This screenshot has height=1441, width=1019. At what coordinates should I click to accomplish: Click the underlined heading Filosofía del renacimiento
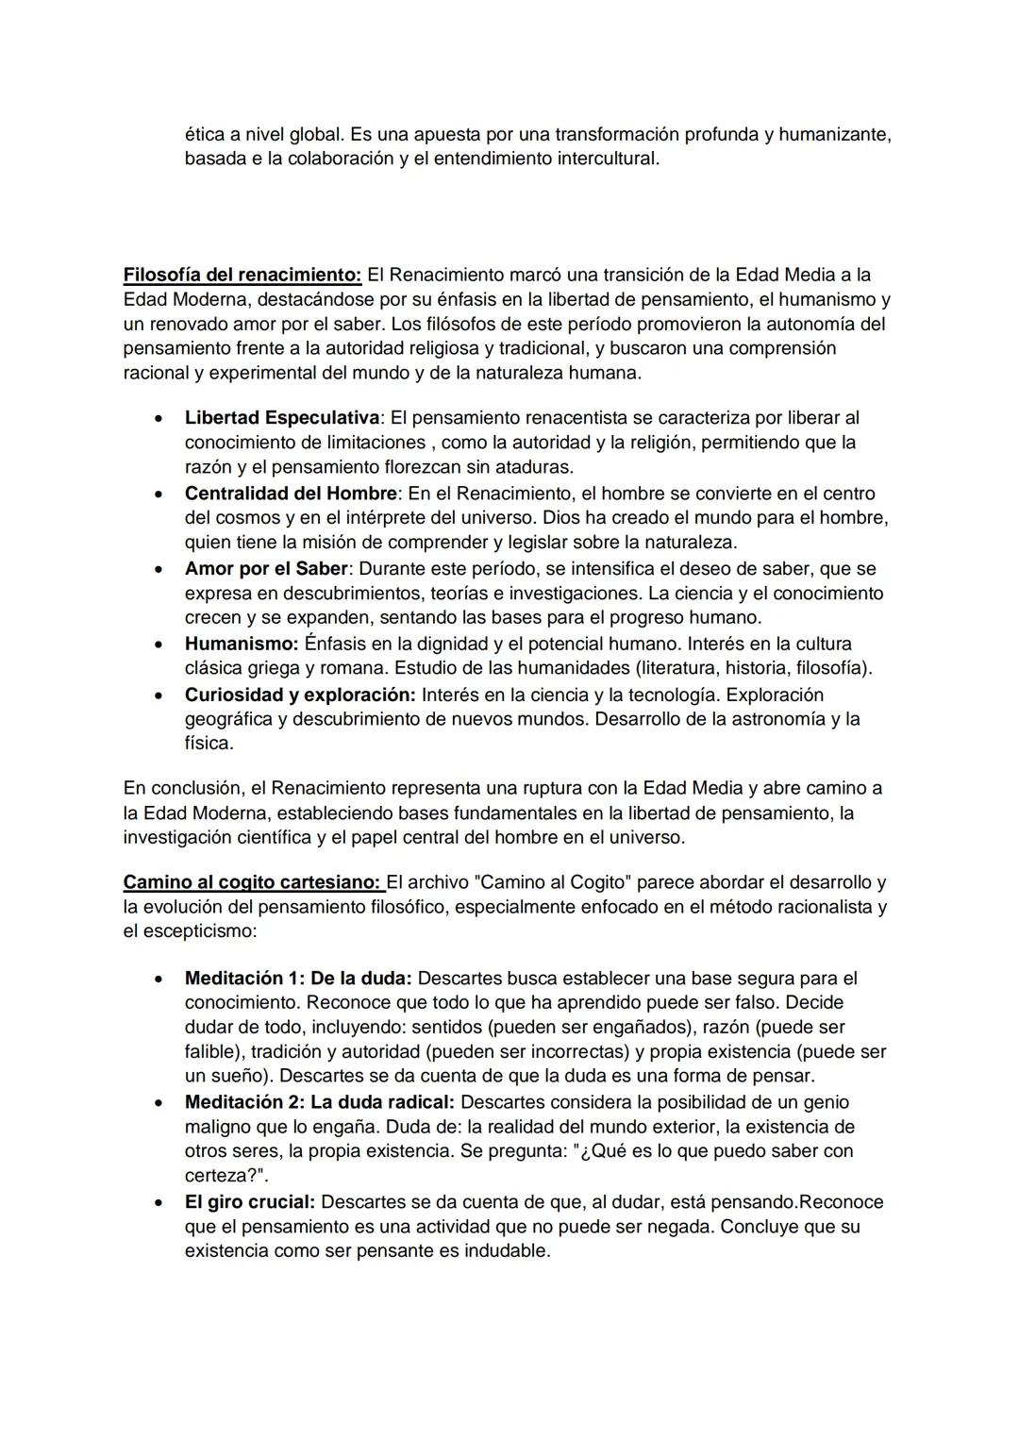click(242, 276)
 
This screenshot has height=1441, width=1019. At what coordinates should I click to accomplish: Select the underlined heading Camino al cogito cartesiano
click(252, 883)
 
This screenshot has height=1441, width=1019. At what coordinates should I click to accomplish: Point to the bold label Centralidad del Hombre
click(291, 494)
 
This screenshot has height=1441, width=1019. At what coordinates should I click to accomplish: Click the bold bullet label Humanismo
click(241, 645)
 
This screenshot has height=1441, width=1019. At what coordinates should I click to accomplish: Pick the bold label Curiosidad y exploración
click(299, 695)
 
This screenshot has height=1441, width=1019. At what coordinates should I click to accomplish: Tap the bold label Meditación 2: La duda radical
click(320, 1102)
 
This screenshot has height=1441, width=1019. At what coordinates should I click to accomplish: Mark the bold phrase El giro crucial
click(249, 1202)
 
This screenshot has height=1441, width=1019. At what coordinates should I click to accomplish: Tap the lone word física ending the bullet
click(208, 744)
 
